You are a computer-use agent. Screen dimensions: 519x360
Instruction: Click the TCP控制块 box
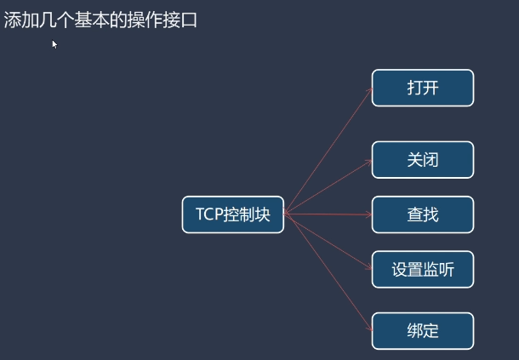(x=233, y=214)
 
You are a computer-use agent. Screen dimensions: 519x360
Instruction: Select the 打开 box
(x=422, y=88)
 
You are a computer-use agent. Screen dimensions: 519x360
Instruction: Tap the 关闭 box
(x=422, y=160)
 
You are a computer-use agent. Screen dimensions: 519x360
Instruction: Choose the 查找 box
(x=422, y=214)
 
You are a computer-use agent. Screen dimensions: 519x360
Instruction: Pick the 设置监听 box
(x=422, y=270)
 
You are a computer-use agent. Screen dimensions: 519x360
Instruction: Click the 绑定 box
(x=422, y=330)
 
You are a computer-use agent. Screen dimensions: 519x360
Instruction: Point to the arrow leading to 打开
(x=328, y=150)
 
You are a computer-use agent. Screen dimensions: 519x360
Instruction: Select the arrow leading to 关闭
(x=328, y=186)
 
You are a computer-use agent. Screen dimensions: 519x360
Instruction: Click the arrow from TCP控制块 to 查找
(x=328, y=214)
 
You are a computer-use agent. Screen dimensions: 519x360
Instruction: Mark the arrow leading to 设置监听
(x=328, y=243)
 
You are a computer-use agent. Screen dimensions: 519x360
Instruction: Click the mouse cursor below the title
(x=54, y=44)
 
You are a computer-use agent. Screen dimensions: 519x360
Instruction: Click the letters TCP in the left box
(x=209, y=214)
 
